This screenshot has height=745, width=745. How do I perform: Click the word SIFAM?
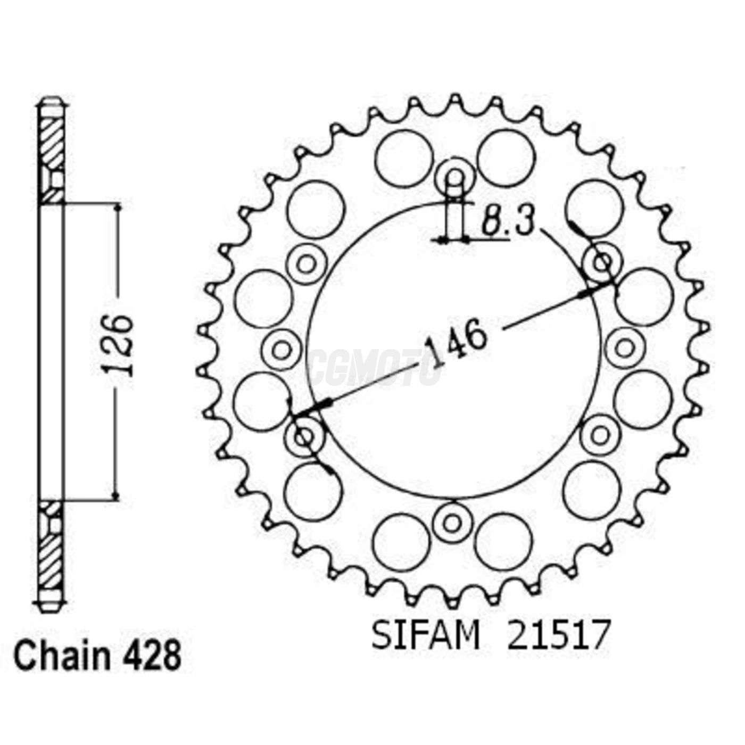425,635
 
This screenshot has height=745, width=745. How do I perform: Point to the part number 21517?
557,635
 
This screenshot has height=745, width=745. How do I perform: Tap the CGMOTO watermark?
375,367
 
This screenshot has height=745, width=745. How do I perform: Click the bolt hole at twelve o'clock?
454,177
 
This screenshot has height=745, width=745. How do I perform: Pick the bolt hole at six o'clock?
452,522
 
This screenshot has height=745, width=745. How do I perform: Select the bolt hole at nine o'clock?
282,350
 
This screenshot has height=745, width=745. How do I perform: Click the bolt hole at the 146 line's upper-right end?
602,262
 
